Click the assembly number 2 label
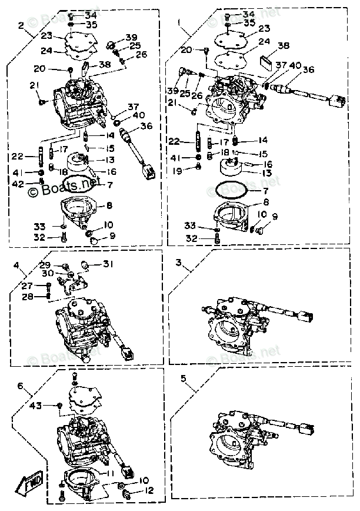(x=21, y=25)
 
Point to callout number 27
(x=27, y=286)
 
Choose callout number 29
(x=46, y=265)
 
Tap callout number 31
(x=106, y=263)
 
